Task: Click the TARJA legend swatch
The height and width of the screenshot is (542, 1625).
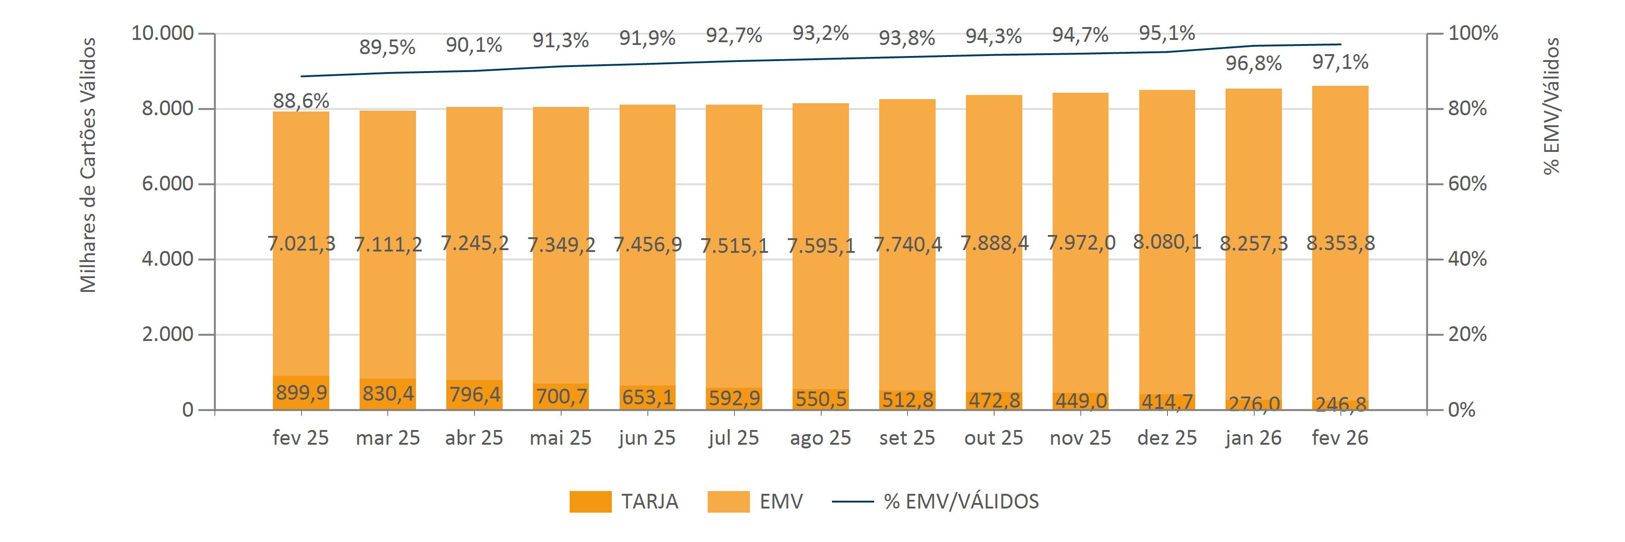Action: pos(590,502)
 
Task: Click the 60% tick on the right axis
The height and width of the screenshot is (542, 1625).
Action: pos(1467,184)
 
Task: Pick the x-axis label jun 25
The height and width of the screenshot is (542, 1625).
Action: pos(647,438)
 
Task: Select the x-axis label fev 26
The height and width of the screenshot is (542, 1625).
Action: pos(1340,438)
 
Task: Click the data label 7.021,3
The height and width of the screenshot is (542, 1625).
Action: pos(301,244)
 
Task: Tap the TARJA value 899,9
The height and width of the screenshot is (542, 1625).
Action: pos(301,393)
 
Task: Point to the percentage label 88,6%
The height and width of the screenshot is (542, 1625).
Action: pos(301,101)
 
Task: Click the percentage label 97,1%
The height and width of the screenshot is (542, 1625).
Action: pos(1340,62)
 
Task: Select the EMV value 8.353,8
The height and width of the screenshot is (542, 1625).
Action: pos(1340,244)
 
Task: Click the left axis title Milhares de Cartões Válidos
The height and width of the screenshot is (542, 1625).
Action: pos(89,165)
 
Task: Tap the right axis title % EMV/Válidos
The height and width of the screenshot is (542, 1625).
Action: pos(1551,106)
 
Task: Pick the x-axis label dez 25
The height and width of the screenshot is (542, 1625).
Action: pos(1167,438)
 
